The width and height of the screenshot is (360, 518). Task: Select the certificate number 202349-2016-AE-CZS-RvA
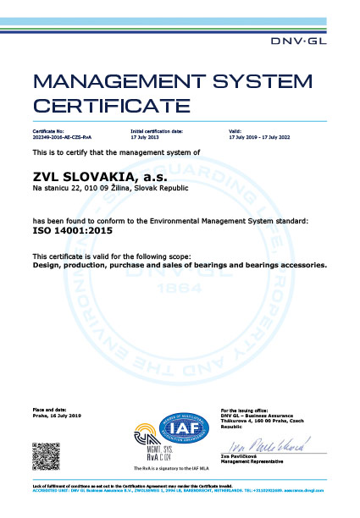(62, 138)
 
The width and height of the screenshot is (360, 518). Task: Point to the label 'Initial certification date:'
(157, 132)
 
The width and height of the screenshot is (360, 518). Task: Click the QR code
(44, 455)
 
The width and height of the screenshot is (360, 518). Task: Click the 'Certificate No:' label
(49, 132)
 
